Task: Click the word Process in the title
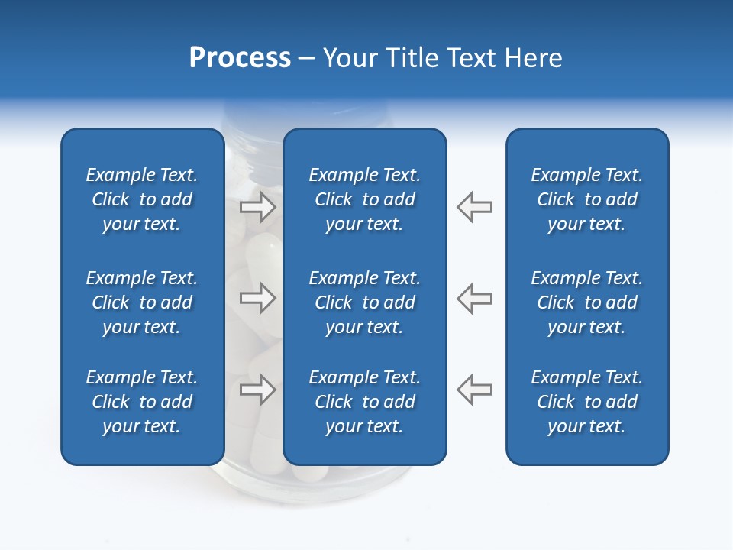pos(240,58)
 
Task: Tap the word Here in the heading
pos(532,58)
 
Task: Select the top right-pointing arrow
pos(258,207)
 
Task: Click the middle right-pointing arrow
pos(258,298)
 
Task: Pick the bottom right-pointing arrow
pos(258,390)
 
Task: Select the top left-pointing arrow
pos(474,207)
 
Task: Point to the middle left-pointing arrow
pos(474,298)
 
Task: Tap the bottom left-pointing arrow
pos(474,390)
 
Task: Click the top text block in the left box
pos(142,199)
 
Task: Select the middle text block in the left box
pos(142,302)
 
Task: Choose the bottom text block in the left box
pos(142,402)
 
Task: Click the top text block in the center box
pos(364,199)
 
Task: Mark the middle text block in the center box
pos(364,302)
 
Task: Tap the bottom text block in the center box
pos(364,402)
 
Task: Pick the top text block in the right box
pos(587,199)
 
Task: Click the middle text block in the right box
pos(587,302)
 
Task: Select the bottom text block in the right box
pos(587,402)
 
